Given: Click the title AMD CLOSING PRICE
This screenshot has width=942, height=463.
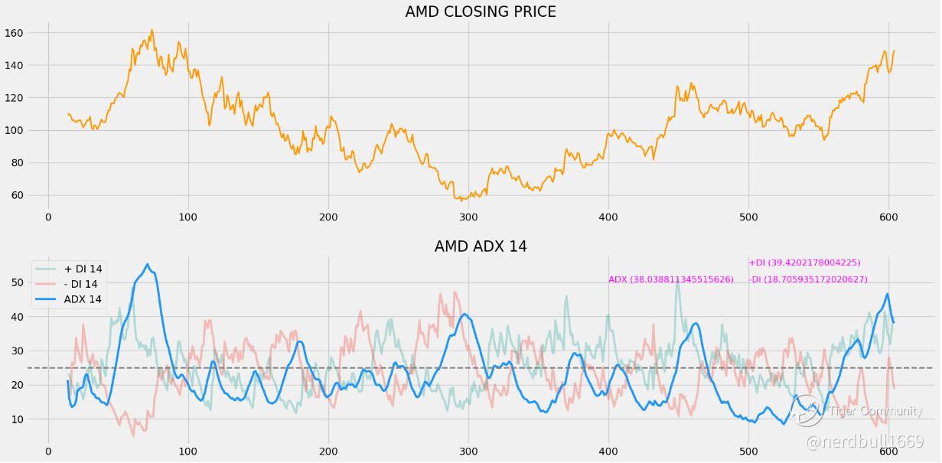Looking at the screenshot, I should (481, 12).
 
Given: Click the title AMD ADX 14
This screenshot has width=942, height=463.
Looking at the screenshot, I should (481, 246).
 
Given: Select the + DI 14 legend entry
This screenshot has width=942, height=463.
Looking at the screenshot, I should (83, 269).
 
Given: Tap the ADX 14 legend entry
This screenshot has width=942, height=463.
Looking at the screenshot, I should (83, 299).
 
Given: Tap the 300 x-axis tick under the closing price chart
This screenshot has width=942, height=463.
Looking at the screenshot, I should (468, 217).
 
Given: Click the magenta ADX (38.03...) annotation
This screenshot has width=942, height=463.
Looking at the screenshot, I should (671, 280).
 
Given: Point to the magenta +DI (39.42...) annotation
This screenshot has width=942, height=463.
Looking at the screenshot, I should (804, 263).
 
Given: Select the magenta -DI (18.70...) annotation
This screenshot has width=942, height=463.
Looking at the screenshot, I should (808, 280).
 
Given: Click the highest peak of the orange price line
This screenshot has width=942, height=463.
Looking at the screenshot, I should (152, 31).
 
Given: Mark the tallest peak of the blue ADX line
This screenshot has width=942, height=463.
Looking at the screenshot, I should (148, 265).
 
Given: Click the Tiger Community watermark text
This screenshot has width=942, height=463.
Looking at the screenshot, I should (875, 412).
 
